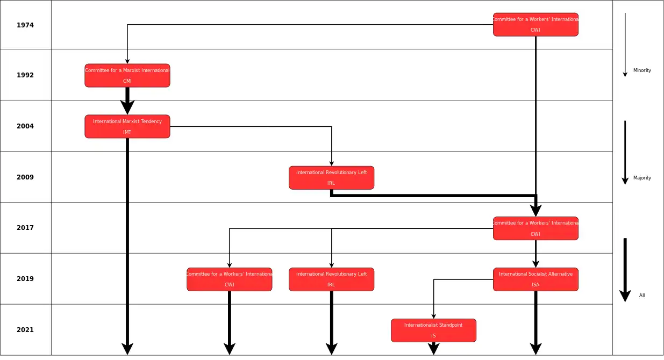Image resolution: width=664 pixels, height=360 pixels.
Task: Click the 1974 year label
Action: tap(25, 25)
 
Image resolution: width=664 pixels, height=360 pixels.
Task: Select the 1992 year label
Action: tap(25, 75)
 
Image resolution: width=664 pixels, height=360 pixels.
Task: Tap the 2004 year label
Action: tap(25, 126)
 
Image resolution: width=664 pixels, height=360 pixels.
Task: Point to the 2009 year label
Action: tap(25, 177)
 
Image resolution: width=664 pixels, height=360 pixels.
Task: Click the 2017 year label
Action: tap(25, 228)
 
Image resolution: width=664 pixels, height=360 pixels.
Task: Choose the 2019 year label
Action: tap(25, 279)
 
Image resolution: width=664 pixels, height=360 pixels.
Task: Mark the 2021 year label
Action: tap(25, 330)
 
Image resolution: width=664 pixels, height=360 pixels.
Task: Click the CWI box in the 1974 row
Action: tap(536, 25)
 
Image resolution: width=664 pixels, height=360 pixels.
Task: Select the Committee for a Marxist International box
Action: tap(127, 75)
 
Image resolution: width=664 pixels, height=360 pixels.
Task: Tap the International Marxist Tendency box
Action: tap(127, 126)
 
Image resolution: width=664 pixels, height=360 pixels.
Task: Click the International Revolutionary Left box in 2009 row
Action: tap(331, 177)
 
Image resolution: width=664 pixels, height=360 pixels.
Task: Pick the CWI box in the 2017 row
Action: tap(536, 228)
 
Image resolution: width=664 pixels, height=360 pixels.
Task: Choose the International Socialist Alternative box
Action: tap(536, 279)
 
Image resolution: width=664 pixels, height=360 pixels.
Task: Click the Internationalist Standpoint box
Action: tap(433, 330)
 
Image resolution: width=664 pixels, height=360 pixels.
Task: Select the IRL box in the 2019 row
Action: tap(331, 279)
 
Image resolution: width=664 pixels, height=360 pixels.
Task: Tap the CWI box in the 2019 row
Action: tap(230, 279)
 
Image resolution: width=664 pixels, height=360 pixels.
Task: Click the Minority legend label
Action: tap(642, 70)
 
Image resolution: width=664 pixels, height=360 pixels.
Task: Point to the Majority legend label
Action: tap(642, 178)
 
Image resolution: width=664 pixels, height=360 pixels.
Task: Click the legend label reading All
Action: tap(642, 296)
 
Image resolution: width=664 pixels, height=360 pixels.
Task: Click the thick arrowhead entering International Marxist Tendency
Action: tap(127, 107)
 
